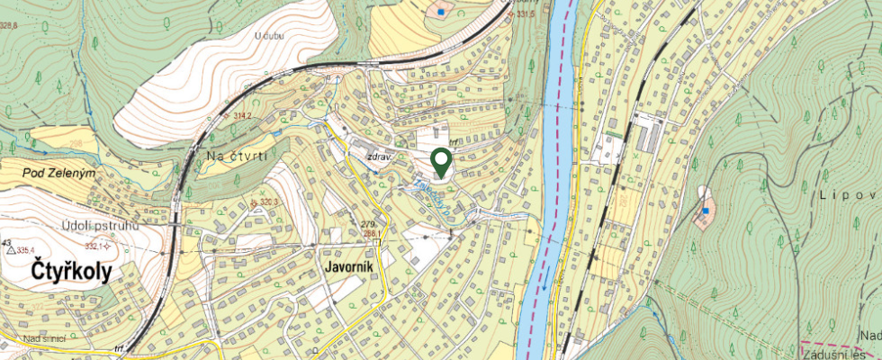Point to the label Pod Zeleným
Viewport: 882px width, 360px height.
(x=60, y=172)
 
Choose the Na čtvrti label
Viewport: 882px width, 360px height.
(x=237, y=157)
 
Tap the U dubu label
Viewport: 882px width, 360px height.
(x=269, y=35)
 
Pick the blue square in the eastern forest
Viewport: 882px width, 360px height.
(x=706, y=211)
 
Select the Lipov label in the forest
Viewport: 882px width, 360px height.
(x=850, y=194)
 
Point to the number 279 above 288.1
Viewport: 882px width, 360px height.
(x=366, y=224)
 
